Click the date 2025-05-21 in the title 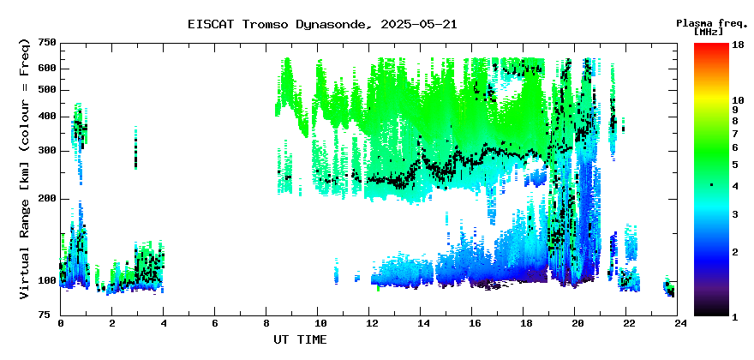pyautogui.click(x=418, y=25)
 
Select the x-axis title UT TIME pyautogui.click(x=300, y=339)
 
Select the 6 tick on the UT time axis pyautogui.click(x=214, y=324)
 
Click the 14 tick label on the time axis pyautogui.click(x=421, y=324)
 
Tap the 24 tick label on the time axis pyautogui.click(x=677, y=324)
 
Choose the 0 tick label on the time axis pyautogui.click(x=61, y=324)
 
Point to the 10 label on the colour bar pyautogui.click(x=738, y=100)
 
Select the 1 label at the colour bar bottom pyautogui.click(x=734, y=317)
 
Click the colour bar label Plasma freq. pyautogui.click(x=712, y=24)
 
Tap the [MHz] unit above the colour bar pyautogui.click(x=709, y=32)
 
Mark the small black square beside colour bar pyautogui.click(x=711, y=185)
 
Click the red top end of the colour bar pyautogui.click(x=711, y=45)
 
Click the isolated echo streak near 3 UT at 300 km pyautogui.click(x=135, y=147)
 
